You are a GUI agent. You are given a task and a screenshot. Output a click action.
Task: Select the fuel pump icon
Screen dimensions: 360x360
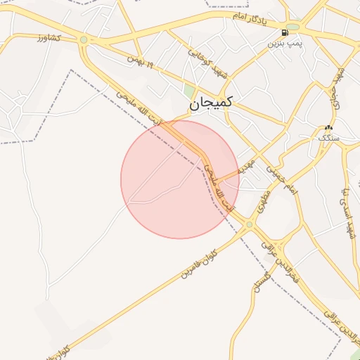tap(283, 32)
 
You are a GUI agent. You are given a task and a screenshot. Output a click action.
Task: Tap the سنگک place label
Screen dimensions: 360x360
tap(328, 139)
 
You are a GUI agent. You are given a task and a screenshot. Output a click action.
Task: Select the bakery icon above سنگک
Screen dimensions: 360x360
tap(328, 128)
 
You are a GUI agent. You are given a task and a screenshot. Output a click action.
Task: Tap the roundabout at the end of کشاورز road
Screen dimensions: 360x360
tap(84, 39)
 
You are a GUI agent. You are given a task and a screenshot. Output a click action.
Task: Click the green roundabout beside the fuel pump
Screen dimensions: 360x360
tap(292, 27)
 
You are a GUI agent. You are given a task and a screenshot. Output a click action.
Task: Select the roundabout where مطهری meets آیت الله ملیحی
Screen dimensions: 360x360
tap(249, 224)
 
